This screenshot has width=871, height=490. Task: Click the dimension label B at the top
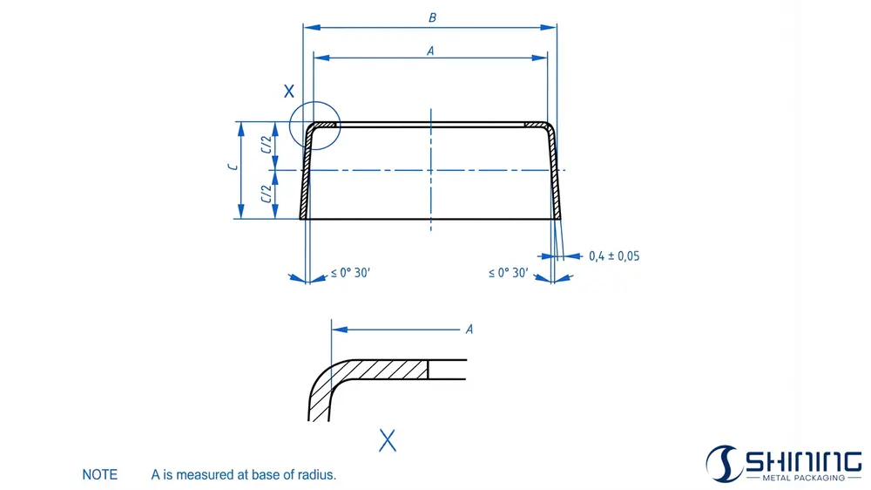tap(431, 17)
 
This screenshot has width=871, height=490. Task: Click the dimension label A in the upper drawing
tap(430, 50)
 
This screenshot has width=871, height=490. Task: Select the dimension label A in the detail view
tap(469, 329)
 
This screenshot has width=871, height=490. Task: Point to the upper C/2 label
tap(266, 146)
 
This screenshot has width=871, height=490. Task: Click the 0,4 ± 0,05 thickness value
tap(614, 256)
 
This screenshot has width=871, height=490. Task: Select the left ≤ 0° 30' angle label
tap(350, 273)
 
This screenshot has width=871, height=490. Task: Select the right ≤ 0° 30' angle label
tap(508, 273)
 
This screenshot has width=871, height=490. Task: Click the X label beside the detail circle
tap(289, 91)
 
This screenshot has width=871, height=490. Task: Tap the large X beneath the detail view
tap(388, 440)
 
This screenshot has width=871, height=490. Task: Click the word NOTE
tap(99, 475)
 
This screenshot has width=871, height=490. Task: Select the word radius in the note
tap(316, 475)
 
